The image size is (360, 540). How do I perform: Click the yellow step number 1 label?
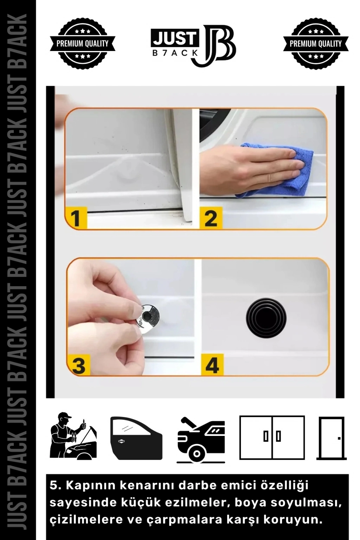click(76, 217)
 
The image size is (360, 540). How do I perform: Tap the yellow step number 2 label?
click(211, 217)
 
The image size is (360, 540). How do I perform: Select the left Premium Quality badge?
click(83, 44)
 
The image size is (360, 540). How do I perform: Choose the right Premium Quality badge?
click(316, 44)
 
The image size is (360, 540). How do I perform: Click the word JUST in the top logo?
click(174, 39)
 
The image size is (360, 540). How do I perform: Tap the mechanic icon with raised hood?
click(73, 435)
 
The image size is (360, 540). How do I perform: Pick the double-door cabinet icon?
click(272, 437)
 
